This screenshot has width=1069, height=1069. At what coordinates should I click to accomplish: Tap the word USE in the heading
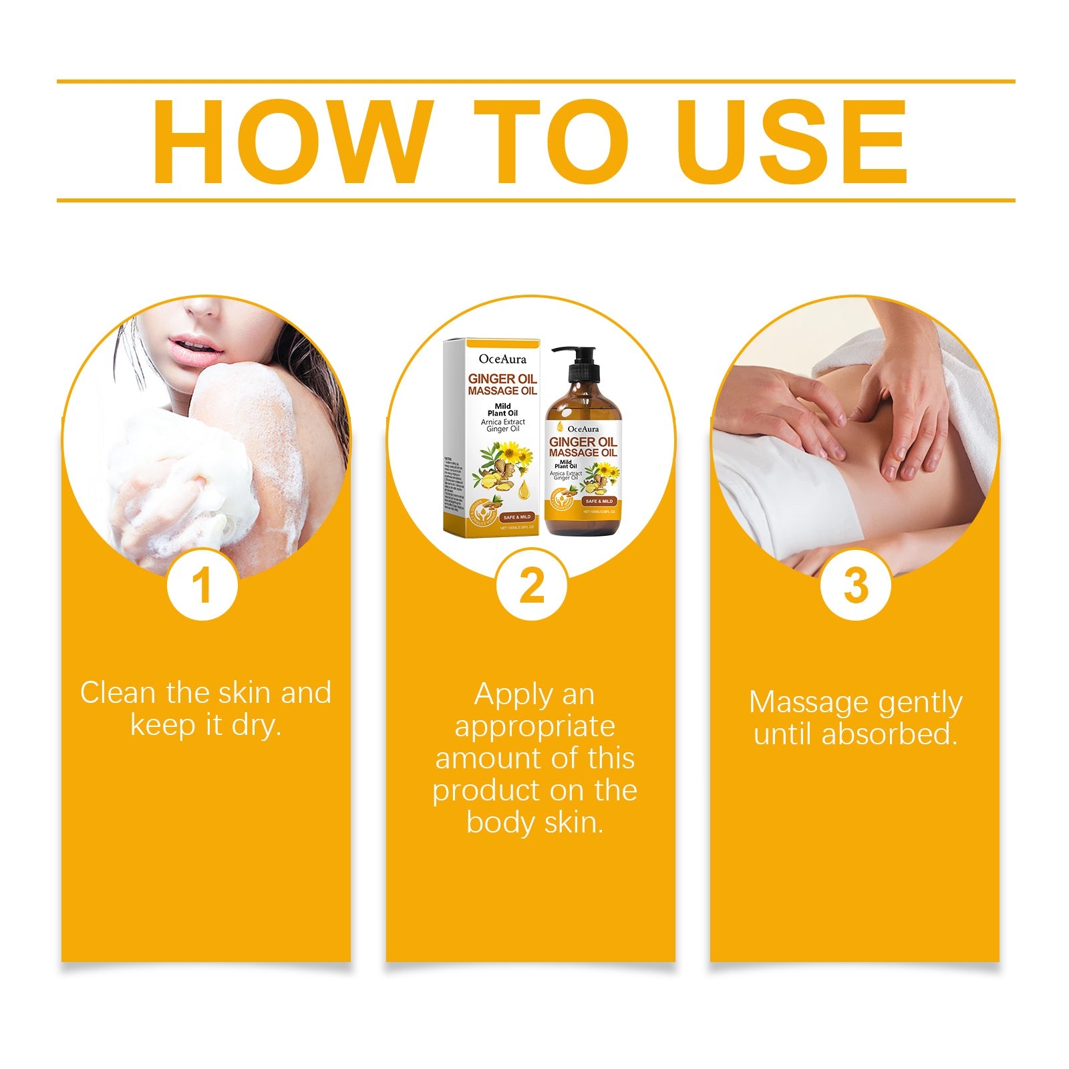[x=794, y=142]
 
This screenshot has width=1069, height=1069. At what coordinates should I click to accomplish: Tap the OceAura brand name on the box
[x=502, y=359]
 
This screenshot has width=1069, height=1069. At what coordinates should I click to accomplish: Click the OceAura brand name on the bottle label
[x=583, y=429]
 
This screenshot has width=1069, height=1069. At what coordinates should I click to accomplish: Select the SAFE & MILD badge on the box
[x=516, y=517]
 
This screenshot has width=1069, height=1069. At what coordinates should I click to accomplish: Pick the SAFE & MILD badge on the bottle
[x=599, y=501]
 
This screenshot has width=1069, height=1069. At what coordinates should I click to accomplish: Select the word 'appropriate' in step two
[x=534, y=726]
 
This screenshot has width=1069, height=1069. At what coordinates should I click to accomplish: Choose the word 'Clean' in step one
[x=118, y=693]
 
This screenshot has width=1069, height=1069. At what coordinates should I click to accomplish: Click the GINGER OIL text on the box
[x=502, y=379]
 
